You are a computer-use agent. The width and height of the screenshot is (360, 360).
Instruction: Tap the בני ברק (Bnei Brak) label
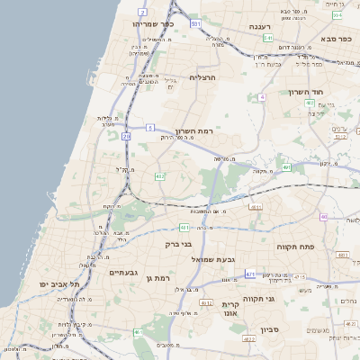(x=179, y=243)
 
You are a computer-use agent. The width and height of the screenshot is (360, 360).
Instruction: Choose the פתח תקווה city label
(x=292, y=246)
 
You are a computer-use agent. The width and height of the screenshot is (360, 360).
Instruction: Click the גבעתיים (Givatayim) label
(x=123, y=272)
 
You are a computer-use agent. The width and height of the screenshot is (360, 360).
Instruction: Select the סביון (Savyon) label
(x=271, y=329)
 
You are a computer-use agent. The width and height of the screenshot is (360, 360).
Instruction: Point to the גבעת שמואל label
(x=213, y=259)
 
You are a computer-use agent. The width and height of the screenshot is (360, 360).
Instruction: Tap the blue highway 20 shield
(x=126, y=137)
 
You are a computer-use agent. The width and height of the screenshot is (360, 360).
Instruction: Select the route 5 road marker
(x=150, y=127)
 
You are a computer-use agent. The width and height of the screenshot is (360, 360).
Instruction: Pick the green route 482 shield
(x=159, y=176)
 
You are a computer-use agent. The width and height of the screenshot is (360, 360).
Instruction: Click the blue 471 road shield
(x=250, y=274)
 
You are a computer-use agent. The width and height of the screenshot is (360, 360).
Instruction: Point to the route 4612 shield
(x=207, y=303)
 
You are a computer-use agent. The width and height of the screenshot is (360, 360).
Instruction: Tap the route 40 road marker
(x=324, y=217)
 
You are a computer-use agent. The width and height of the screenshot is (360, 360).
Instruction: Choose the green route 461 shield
(x=138, y=333)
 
